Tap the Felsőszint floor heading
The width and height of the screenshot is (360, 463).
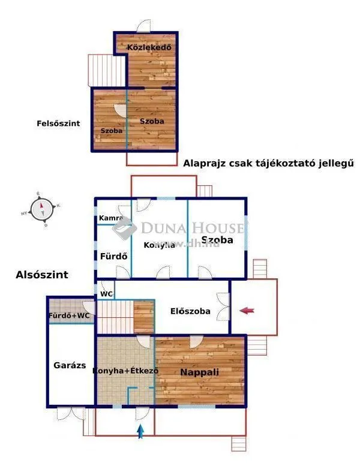click(x=58, y=124)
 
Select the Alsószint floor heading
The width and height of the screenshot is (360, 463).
click(x=42, y=275)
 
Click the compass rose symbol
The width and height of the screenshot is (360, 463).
click(x=42, y=209)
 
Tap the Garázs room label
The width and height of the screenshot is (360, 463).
click(x=70, y=365)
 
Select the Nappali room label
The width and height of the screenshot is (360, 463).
click(x=200, y=372)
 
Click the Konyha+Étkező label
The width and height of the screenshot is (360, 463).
click(x=125, y=371)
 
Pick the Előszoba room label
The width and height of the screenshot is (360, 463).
click(x=190, y=311)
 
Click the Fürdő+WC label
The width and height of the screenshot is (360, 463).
click(x=69, y=315)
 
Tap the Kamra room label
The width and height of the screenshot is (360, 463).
click(x=111, y=218)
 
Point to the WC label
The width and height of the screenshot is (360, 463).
click(x=107, y=294)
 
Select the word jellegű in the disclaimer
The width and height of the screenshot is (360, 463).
click(x=333, y=163)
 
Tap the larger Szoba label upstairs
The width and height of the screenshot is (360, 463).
click(x=152, y=121)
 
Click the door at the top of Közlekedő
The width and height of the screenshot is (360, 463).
click(x=144, y=26)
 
